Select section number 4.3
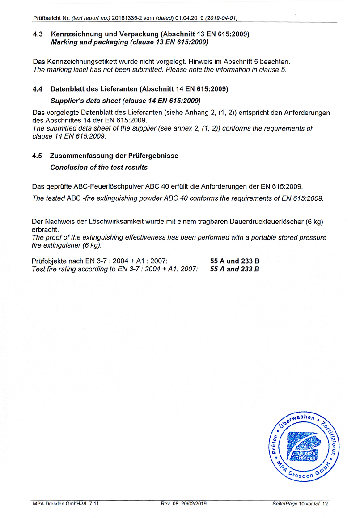click(x=38, y=34)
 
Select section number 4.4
click(x=38, y=89)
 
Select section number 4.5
click(x=38, y=156)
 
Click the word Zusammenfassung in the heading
click(x=81, y=156)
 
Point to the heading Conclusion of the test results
click(x=99, y=168)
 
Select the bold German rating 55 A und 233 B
click(x=235, y=261)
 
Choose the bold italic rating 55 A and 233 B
click(x=235, y=269)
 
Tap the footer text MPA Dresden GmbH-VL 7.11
click(x=66, y=504)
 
